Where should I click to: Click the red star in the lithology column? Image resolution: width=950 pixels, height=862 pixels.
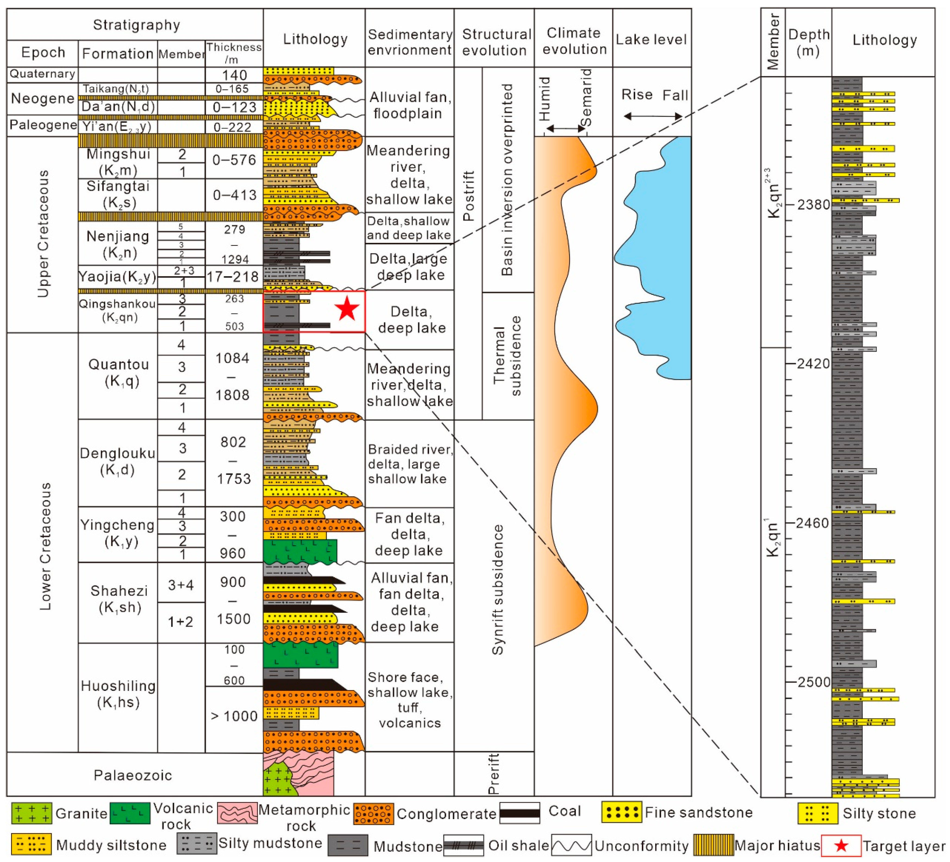pos(347,309)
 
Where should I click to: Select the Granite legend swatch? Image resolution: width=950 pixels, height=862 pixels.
pos(32,813)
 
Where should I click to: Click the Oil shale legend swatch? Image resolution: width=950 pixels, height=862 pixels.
pos(463,845)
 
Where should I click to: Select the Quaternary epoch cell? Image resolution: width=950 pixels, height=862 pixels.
pos(42,74)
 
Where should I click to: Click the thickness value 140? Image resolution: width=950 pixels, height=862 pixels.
pos(234,75)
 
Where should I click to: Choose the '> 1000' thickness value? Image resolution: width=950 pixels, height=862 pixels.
pos(234,716)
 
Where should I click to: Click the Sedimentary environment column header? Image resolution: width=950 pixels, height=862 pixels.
pos(410,42)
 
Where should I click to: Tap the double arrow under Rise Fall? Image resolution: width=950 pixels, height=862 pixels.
pos(653,116)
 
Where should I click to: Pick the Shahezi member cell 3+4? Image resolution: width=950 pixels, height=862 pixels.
pos(181,585)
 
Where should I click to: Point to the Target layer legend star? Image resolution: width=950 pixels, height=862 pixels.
pos(841,845)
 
